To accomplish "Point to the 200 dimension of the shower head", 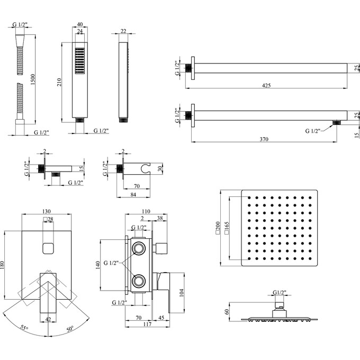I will [217, 228].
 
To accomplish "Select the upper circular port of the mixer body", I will [139, 248].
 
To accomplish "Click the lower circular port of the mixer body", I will [139, 280].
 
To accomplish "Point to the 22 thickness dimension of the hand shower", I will [123, 32].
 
